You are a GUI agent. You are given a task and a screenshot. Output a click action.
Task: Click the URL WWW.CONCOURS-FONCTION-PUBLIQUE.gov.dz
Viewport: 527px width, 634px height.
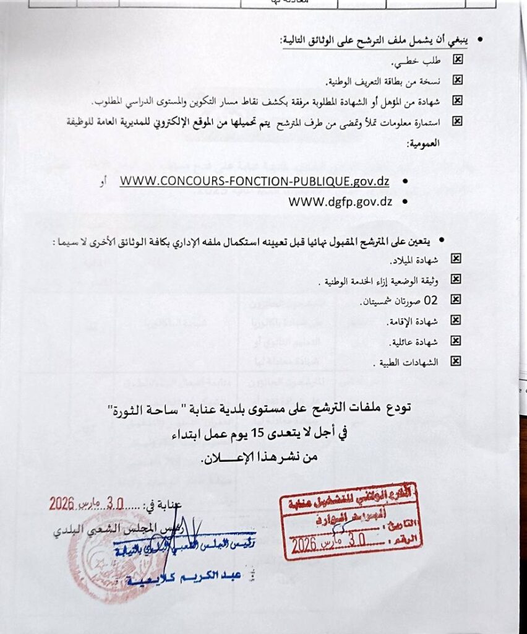[254, 181]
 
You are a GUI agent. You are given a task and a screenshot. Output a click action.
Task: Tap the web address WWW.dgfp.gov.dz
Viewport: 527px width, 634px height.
[341, 201]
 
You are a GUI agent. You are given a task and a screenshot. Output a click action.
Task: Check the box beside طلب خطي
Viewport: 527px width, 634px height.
[457, 60]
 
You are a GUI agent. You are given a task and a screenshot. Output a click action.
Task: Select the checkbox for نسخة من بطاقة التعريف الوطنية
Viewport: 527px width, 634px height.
[457, 80]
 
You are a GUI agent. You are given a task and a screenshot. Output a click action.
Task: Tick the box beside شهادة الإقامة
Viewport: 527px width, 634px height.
[456, 320]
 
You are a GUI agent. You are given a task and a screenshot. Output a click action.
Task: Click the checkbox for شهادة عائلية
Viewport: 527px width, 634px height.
[456, 341]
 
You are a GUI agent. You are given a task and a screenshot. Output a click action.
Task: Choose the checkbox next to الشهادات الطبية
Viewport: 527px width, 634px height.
[456, 361]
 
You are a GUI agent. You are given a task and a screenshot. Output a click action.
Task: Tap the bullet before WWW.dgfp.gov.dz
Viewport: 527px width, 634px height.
[405, 202]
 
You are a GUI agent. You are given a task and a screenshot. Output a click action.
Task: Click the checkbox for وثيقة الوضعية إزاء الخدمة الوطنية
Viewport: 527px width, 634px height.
[456, 279]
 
